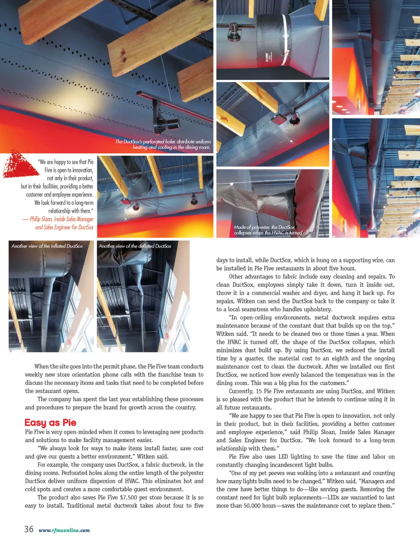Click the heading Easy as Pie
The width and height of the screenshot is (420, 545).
(x=50, y=422)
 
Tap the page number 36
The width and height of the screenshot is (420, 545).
(x=29, y=529)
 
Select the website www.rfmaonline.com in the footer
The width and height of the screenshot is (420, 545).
(x=64, y=530)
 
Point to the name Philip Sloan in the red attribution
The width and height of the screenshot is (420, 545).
(x=41, y=219)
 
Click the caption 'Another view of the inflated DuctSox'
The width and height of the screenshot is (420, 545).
(x=47, y=246)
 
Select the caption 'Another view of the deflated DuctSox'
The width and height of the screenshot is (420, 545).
(x=135, y=246)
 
